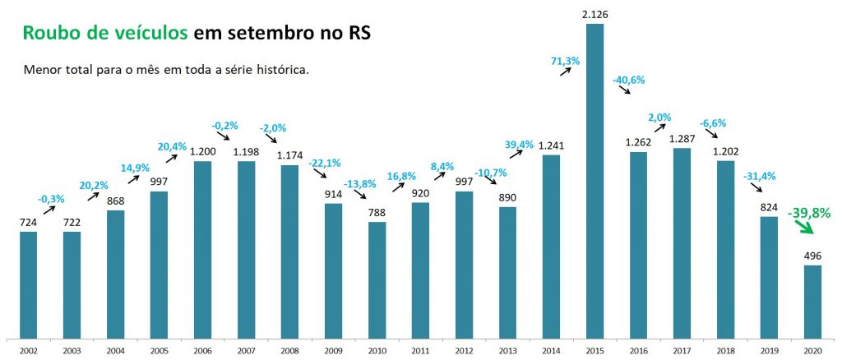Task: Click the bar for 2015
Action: click(594, 181)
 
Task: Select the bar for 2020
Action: click(812, 301)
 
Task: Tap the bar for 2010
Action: click(377, 279)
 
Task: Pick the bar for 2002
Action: click(29, 284)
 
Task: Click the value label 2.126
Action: click(594, 14)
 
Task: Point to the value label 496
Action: click(812, 255)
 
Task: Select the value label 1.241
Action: click(552, 145)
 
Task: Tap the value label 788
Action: click(377, 211)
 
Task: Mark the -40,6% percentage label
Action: click(628, 80)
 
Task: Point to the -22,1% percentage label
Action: click(323, 163)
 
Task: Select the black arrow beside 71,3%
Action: click(567, 73)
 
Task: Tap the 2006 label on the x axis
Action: click(203, 350)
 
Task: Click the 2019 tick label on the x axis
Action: click(769, 350)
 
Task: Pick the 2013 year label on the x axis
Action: click(507, 350)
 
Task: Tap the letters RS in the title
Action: click(356, 33)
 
